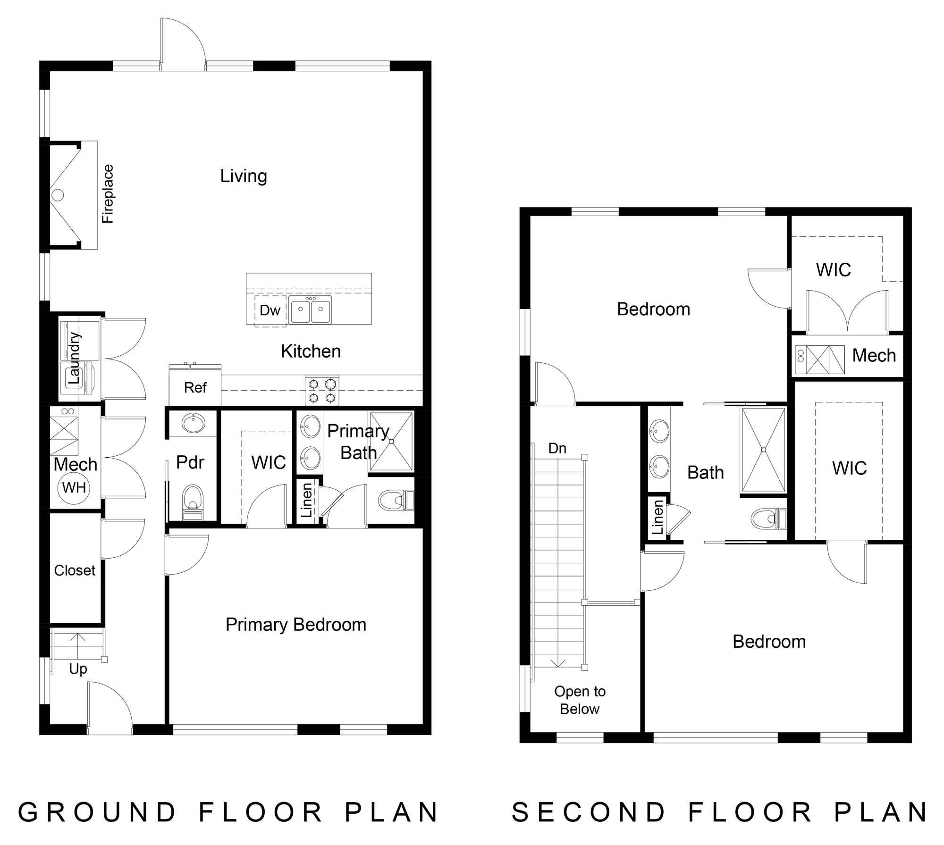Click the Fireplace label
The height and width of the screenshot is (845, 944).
(108, 193)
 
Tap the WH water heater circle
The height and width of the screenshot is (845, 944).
(74, 487)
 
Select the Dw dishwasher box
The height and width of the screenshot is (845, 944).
(270, 310)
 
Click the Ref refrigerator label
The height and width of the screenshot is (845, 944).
(195, 388)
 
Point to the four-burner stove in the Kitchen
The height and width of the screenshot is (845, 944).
(322, 390)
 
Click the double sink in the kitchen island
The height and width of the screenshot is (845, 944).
(311, 310)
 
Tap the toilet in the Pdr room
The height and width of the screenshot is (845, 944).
(192, 502)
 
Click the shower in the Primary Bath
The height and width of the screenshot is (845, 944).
(391, 442)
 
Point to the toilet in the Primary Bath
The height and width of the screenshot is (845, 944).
(396, 500)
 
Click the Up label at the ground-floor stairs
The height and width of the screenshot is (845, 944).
(78, 669)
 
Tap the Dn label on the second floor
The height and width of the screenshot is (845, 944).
(557, 448)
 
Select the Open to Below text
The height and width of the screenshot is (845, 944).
(580, 700)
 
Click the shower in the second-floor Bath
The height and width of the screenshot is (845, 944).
(763, 450)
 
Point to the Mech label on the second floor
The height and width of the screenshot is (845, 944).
(874, 355)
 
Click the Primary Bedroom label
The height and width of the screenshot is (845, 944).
(296, 625)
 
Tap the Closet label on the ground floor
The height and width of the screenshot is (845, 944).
(75, 570)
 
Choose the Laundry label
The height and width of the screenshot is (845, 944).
(75, 358)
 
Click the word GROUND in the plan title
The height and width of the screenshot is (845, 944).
(97, 812)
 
